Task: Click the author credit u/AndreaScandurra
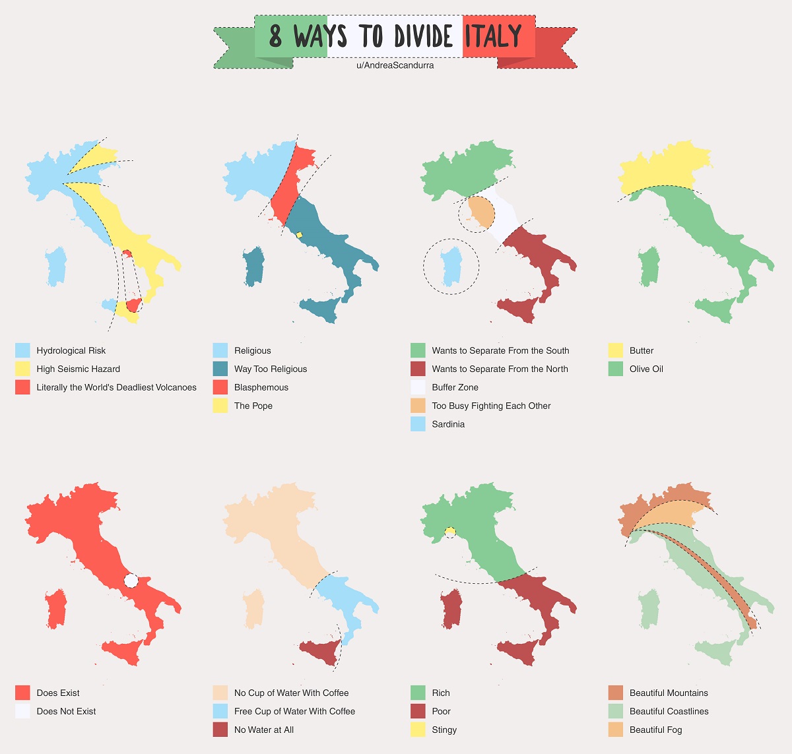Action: coord(395,65)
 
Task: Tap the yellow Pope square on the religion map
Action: coord(299,235)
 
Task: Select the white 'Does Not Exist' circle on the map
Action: coord(131,581)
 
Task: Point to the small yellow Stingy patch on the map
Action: coord(450,531)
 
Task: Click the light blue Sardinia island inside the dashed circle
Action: coord(451,266)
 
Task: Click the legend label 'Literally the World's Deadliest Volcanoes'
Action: coord(116,387)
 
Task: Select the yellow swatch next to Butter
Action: coord(615,350)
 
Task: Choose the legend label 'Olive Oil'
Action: coord(646,369)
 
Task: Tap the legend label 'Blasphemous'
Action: coord(261,387)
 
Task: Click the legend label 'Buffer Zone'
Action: coord(455,387)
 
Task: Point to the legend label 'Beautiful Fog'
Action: coord(655,730)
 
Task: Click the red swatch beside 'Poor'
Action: coord(418,711)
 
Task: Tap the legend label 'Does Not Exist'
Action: coord(66,711)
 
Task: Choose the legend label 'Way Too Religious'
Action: coord(270,369)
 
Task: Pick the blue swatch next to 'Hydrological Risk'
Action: coord(22,350)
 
